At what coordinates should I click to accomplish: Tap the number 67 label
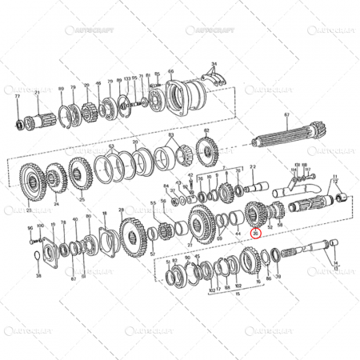(286, 114)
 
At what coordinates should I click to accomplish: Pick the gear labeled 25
(80, 178)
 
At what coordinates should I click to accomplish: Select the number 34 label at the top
(214, 62)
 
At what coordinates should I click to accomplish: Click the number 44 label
(237, 234)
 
